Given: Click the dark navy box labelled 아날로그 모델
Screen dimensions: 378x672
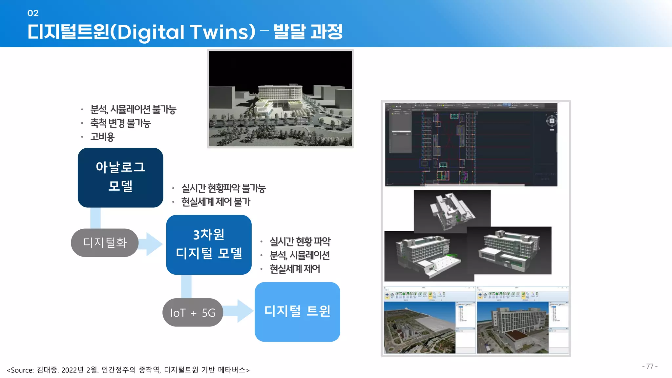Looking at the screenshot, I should pos(120,177).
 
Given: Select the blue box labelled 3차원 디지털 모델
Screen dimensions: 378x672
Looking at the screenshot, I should pos(209,244).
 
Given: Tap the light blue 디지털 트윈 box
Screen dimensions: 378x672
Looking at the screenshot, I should pos(297,311).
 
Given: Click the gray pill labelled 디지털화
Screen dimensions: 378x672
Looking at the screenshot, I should pos(105,242).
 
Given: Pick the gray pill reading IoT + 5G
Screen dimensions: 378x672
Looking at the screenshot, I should pos(193,312).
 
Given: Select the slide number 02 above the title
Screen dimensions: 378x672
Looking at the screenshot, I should pos(33,13).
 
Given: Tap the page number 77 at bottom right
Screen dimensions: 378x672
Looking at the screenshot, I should pos(650,366).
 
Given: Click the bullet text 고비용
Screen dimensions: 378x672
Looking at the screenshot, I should pos(102,137).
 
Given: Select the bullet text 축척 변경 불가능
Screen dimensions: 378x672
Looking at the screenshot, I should pos(120,123).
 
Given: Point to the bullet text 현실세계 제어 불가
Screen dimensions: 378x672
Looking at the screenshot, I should pos(216,202).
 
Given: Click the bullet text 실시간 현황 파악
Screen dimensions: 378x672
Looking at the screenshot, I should pos(300,241).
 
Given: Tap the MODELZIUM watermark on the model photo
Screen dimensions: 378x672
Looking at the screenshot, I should pos(333,139).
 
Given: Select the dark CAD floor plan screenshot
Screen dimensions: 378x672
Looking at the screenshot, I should pos(471,144).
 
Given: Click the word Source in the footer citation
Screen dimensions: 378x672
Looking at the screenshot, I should pos(22,370).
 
